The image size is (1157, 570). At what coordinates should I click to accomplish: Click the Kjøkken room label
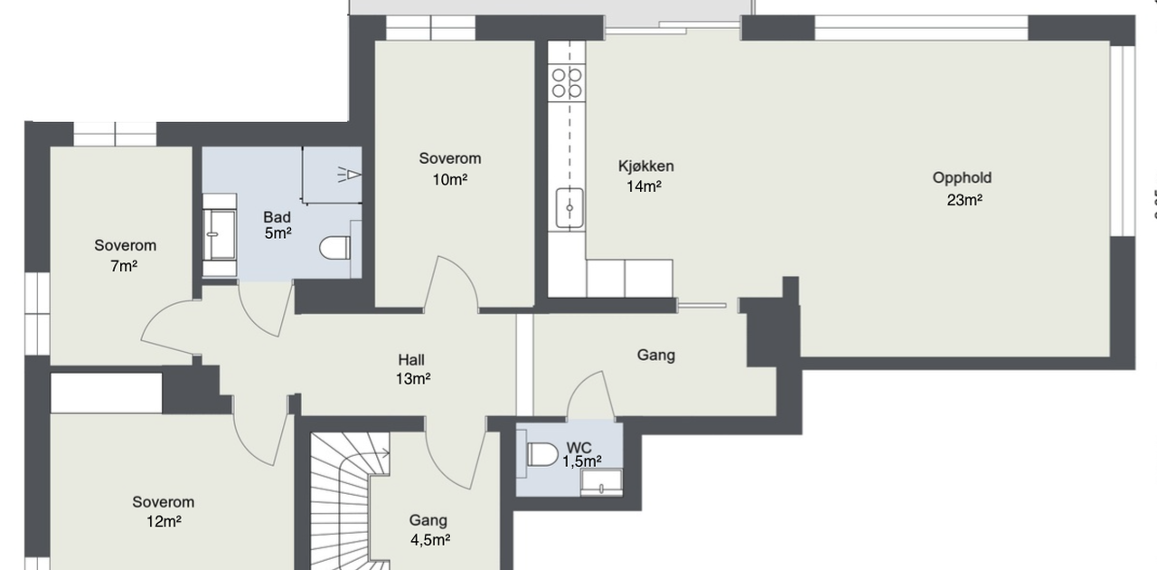pos(646,166)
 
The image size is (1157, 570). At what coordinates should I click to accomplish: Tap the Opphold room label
pos(962,178)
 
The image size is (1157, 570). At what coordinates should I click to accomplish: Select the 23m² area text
pos(964,200)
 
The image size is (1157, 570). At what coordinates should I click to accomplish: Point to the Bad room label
pos(277,217)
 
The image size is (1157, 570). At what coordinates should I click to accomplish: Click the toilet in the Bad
pos(334,248)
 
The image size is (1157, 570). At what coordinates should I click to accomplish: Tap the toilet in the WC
pos(542,455)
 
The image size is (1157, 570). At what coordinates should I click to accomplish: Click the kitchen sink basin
pos(569,208)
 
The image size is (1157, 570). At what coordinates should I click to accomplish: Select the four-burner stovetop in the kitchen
pos(567,82)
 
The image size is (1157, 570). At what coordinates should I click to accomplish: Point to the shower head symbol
pos(349,175)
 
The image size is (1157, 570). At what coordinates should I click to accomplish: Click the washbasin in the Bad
pos(220,234)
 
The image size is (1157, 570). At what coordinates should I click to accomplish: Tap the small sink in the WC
pos(601,482)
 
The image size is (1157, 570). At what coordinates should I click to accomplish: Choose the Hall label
pos(411,359)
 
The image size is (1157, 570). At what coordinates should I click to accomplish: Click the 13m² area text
pos(413,379)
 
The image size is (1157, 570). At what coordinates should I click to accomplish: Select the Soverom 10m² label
pos(450,168)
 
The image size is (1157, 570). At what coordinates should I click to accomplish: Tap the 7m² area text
pos(124,266)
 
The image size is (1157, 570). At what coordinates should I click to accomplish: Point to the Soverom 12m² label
pos(164,511)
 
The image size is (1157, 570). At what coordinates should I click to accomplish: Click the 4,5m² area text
pos(430,540)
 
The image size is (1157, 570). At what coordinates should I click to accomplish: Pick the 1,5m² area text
pos(581,461)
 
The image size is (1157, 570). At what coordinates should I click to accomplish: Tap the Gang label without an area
pos(656,356)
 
